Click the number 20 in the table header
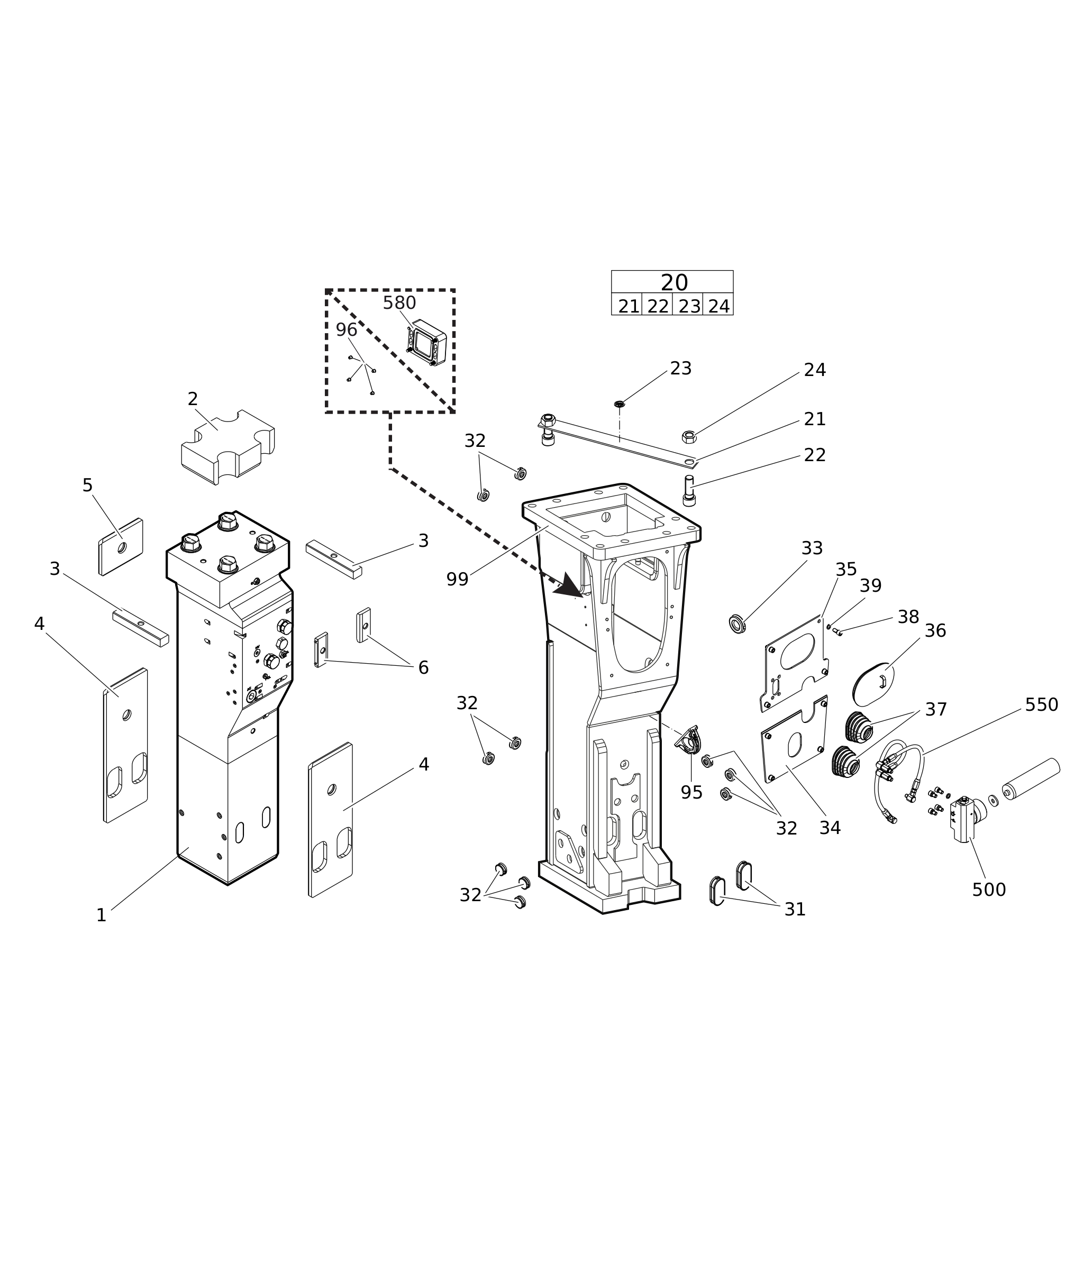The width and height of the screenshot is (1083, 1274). tap(674, 283)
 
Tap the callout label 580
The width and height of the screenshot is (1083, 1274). tap(399, 303)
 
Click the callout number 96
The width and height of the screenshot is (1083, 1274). tap(346, 329)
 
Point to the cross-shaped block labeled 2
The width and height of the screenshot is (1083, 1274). tap(228, 447)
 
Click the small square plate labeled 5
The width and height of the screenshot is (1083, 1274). tap(121, 547)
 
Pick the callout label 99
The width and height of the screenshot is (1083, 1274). tap(458, 579)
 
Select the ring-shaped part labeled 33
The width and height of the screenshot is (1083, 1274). tap(737, 624)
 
